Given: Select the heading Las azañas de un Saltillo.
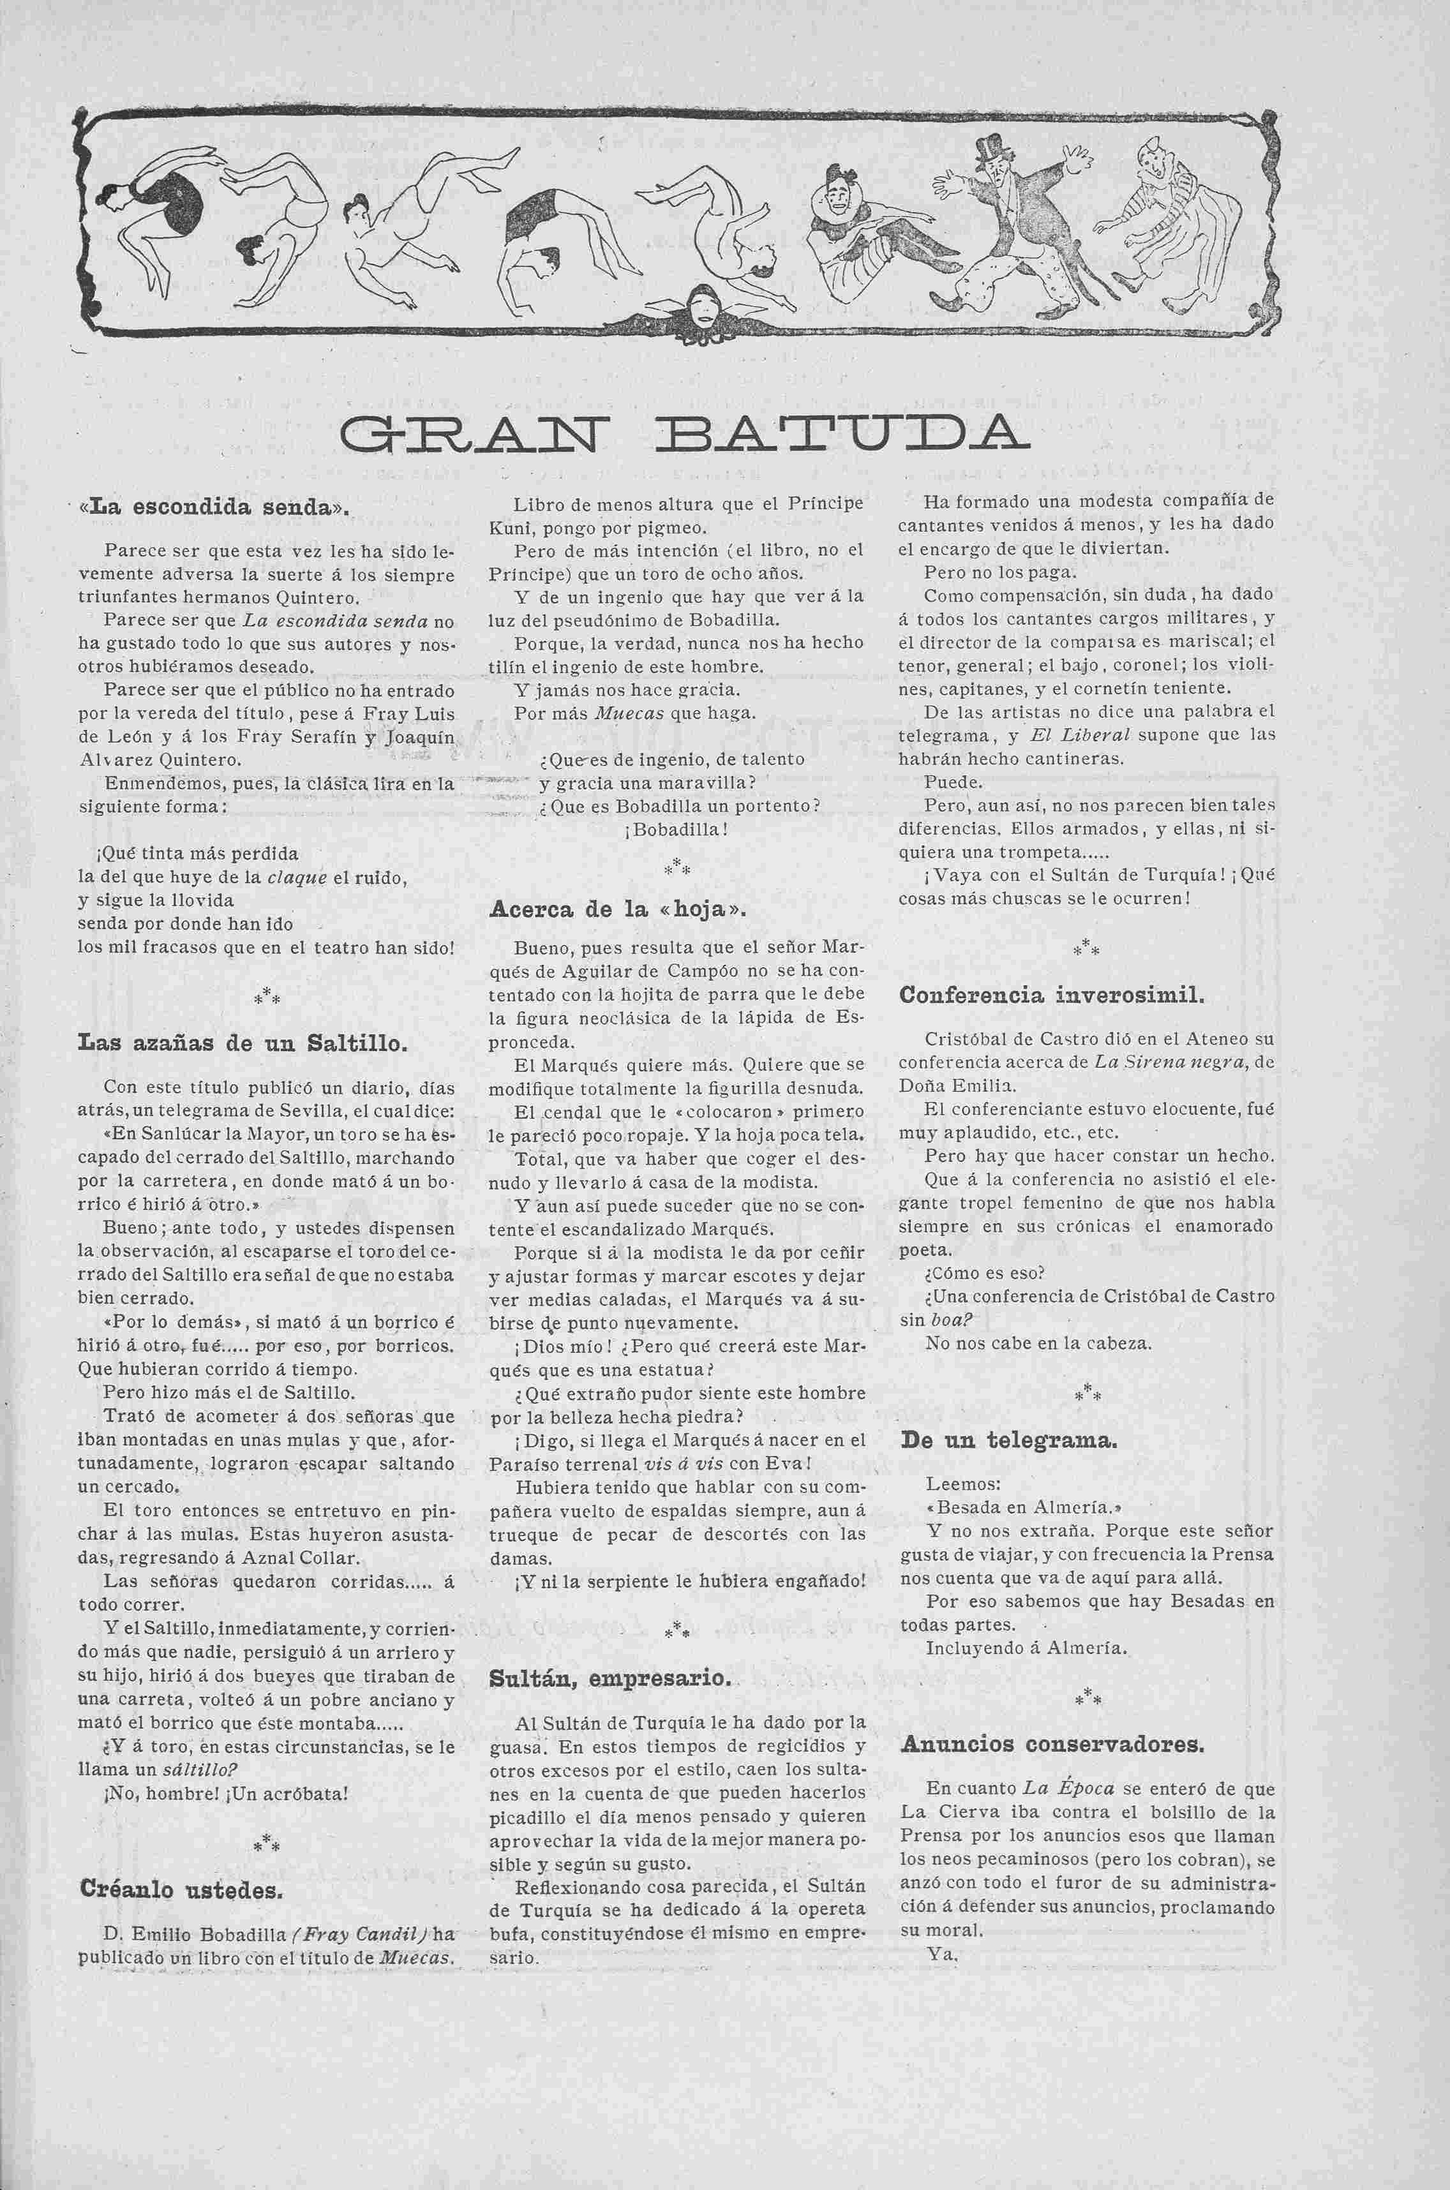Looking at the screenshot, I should pos(243,1044).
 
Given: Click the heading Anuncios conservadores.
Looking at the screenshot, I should pos(1052,1745).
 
